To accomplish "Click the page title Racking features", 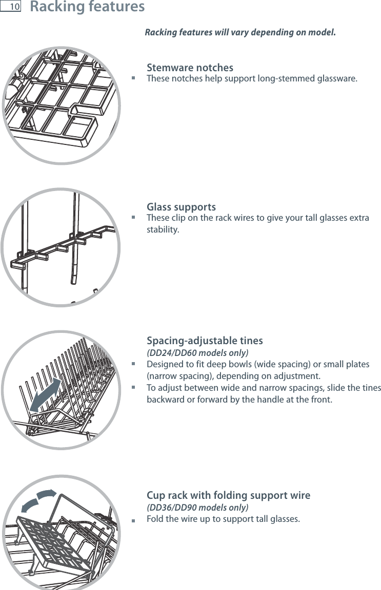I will (87, 7).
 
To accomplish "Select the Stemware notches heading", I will (190, 68).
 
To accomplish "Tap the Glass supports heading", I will (181, 207).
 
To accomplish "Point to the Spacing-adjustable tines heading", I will (205, 341).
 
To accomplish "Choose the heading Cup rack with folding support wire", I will (228, 495).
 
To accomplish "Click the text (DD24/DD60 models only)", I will (197, 353).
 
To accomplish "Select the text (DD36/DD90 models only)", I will (197, 508).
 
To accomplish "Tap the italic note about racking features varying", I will (240, 33).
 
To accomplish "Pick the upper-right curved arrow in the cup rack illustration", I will (47, 495).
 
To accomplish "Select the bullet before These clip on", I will (133, 217).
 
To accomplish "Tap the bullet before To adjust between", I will (133, 388).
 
